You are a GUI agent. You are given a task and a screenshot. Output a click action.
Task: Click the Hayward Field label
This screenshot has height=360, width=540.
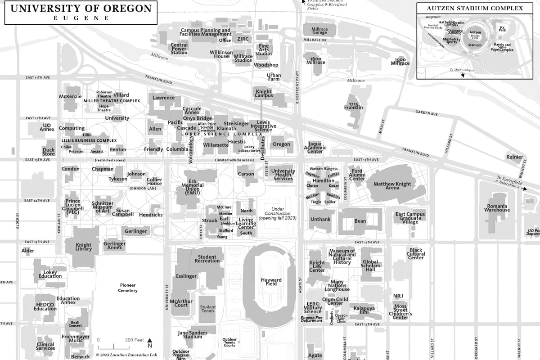tap(271, 282)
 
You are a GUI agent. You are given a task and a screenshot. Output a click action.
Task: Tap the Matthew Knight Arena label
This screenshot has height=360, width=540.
tap(392, 186)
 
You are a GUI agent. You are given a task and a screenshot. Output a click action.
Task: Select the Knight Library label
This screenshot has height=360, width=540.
tap(83, 247)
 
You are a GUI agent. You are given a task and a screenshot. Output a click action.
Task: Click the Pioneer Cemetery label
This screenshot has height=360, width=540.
tap(127, 288)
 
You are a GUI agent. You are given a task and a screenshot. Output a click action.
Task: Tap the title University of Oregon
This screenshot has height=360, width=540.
tap(81, 9)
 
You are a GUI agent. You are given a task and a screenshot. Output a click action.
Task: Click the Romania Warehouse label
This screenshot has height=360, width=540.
tap(497, 207)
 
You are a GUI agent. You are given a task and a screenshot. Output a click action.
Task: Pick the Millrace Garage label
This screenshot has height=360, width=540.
tap(319, 31)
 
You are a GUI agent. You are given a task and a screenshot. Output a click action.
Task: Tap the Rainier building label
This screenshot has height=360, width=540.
tap(514, 157)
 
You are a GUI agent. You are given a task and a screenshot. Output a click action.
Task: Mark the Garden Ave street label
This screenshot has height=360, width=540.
tap(426, 114)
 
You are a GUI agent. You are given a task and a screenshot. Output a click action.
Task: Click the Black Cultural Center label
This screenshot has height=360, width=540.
tap(416, 254)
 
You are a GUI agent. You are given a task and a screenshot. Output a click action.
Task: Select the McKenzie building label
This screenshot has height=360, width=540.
tap(70, 96)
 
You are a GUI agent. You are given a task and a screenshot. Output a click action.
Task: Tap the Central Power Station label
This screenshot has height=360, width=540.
tap(179, 49)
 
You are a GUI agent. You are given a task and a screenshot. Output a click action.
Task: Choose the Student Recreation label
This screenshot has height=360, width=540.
tap(207, 259)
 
